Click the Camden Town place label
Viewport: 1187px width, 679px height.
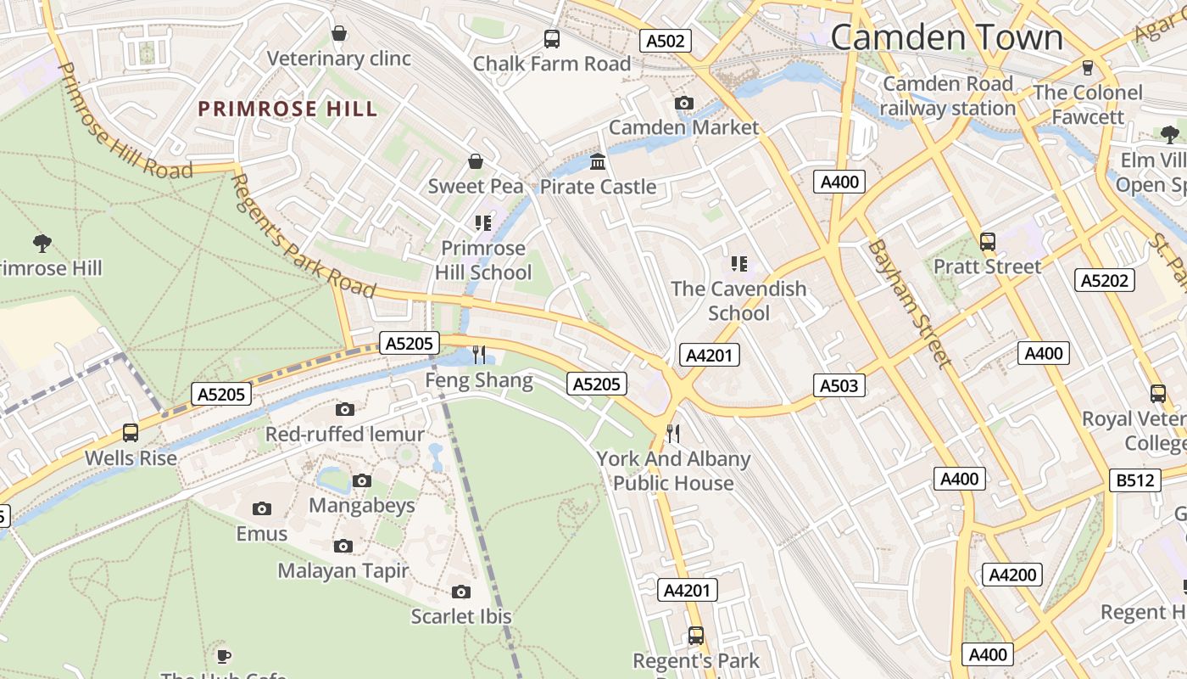pos(946,38)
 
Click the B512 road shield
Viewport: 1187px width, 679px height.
pos(1135,480)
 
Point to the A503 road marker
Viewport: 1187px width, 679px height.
pos(839,385)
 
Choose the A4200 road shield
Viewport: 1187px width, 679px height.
pos(1012,575)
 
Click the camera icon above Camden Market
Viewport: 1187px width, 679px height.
pos(684,104)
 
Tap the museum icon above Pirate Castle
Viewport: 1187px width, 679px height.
pos(598,161)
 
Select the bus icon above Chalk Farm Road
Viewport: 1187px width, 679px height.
pos(552,38)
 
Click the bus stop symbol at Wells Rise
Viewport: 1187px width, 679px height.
pos(131,433)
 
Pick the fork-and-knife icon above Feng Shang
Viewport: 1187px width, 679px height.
pos(479,354)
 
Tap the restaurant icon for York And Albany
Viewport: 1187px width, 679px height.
pos(673,434)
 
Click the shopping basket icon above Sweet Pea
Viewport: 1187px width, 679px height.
pos(476,161)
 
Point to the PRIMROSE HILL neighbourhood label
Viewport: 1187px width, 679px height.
pos(287,109)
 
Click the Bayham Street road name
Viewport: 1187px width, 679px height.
pos(906,303)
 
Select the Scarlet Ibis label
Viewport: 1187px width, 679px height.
pos(461,616)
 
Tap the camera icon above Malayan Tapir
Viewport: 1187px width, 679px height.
pos(343,546)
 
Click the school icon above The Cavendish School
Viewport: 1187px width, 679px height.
pos(739,264)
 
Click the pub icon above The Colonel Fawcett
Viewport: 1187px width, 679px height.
pos(1088,68)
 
